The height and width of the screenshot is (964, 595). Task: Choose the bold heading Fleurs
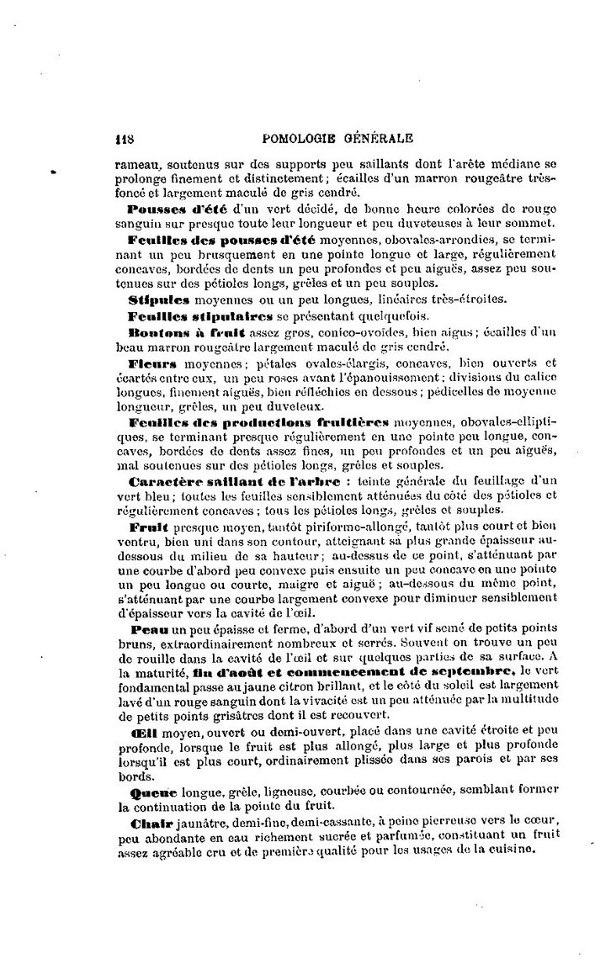click(x=152, y=363)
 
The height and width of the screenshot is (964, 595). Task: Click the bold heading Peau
click(x=148, y=628)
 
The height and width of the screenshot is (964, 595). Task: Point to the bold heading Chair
click(x=149, y=821)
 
